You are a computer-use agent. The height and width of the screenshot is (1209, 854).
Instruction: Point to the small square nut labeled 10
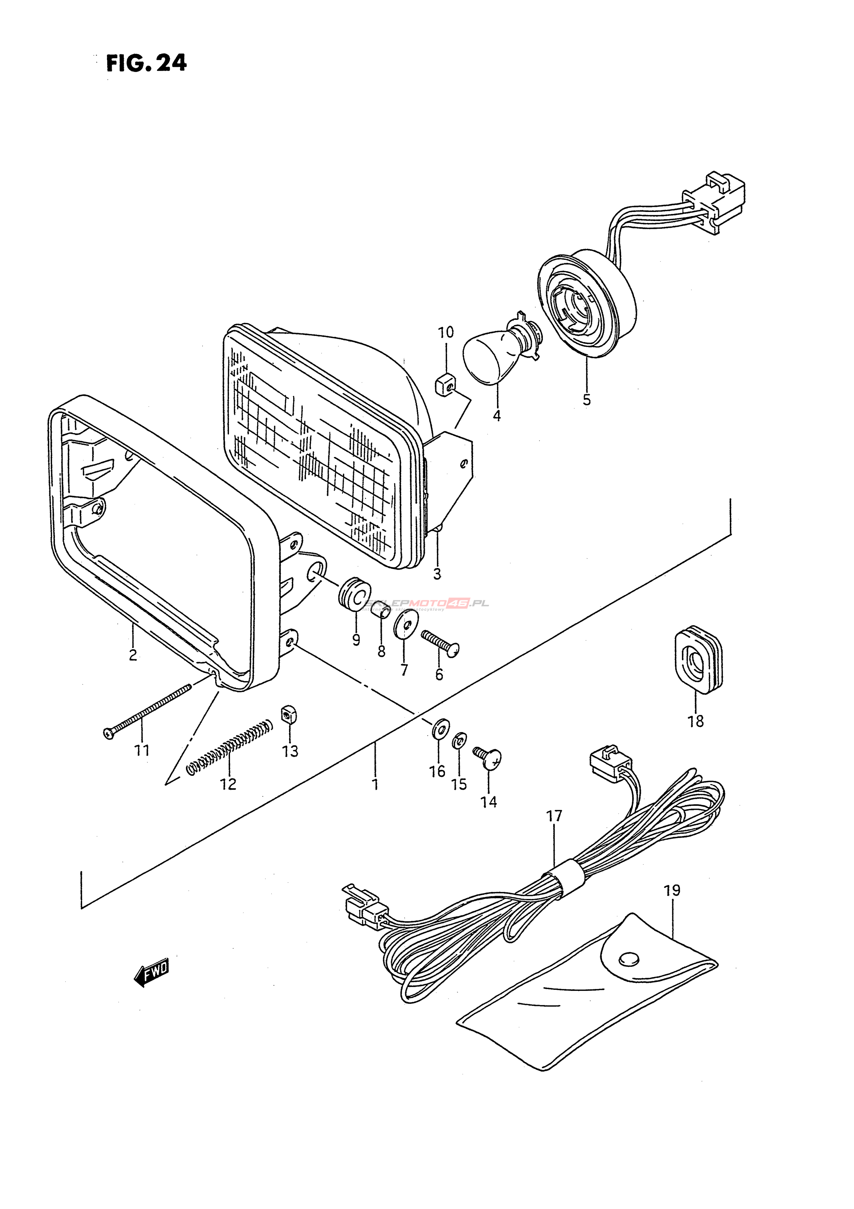(445, 385)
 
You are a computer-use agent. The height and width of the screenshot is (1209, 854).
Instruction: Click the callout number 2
(132, 655)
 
